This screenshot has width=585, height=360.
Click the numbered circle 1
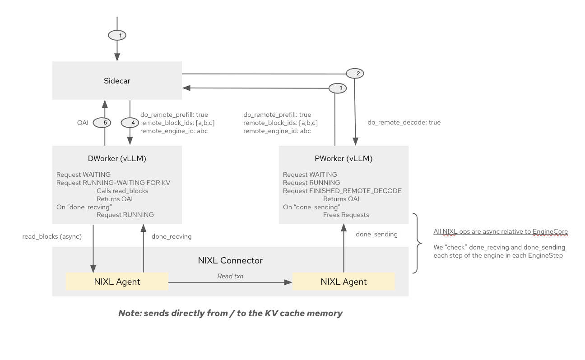point(117,35)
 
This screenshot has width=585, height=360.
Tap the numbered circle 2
point(355,73)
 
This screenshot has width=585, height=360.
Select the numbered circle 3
point(338,88)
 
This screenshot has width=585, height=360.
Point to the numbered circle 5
point(102,122)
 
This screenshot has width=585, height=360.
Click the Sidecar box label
point(117,81)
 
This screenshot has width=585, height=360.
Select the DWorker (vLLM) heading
point(117,158)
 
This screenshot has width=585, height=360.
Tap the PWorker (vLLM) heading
point(344,158)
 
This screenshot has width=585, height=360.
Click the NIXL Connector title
point(230,260)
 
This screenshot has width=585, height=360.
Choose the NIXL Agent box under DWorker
point(117,282)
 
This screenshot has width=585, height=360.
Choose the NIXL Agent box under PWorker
point(344,282)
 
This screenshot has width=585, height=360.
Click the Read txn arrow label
point(230,276)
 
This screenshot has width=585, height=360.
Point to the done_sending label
point(376,234)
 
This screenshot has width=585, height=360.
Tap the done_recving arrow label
point(172,236)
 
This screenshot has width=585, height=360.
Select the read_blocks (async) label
point(52,236)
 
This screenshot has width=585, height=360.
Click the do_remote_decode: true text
point(404,122)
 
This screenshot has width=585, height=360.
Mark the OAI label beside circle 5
point(82,122)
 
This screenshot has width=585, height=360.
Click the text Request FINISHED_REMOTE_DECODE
point(342,191)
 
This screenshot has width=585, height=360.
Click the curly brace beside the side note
point(418,244)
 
